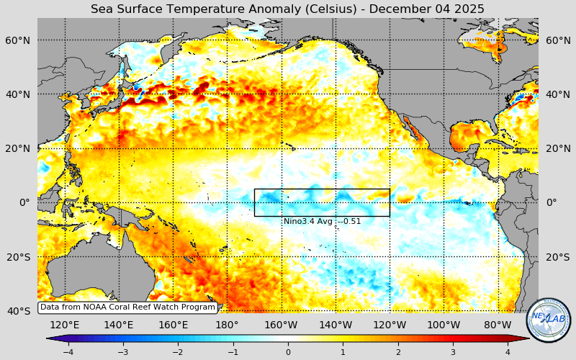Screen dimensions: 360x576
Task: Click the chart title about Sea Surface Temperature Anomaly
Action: coord(287,9)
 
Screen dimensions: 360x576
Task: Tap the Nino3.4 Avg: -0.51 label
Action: coord(322,222)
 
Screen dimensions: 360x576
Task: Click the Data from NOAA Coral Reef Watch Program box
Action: coord(127,307)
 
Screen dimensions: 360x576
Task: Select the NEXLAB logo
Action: coord(549,320)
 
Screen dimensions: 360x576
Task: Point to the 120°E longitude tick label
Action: coord(65,325)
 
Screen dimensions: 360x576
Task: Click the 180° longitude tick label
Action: coord(227,325)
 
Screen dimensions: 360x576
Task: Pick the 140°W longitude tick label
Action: coord(336,325)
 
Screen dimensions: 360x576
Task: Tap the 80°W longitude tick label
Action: coord(498,325)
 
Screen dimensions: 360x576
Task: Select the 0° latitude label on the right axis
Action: coord(552,202)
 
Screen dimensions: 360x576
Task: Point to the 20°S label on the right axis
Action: coord(558,257)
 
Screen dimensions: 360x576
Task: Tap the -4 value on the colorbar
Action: coord(68,352)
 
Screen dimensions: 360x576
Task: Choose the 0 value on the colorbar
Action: coord(288,352)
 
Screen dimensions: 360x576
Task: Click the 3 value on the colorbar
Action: coord(453,352)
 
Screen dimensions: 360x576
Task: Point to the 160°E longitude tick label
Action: coord(173,325)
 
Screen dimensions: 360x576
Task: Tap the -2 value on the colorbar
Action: coord(178,352)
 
